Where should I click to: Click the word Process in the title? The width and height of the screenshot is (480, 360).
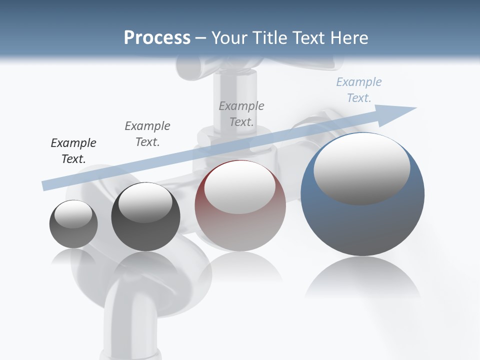[157, 38]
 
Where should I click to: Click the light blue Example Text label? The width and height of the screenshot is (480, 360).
[359, 90]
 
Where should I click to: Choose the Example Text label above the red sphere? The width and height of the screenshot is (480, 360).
[241, 113]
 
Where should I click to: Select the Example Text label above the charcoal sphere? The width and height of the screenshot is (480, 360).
[147, 133]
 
